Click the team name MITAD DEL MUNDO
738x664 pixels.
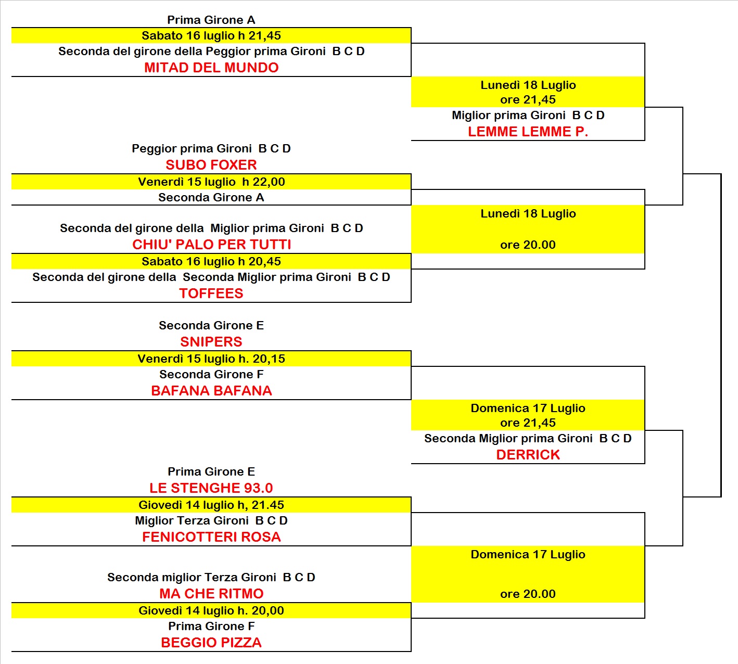tap(211, 68)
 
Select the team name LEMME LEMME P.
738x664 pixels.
tap(528, 132)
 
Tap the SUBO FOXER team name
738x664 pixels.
tap(211, 165)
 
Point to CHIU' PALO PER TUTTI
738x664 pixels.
tap(211, 244)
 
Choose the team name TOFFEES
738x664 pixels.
tap(211, 293)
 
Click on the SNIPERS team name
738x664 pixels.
tap(211, 342)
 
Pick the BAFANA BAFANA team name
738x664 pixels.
tap(211, 391)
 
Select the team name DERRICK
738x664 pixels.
tap(528, 455)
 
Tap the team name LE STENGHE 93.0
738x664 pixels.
tap(211, 488)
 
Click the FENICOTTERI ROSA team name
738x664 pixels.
tap(211, 537)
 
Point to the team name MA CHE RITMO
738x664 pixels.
tap(211, 593)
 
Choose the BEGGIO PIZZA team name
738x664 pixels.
tap(211, 642)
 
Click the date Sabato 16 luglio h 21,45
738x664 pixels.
tap(211, 36)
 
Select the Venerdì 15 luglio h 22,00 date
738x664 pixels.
tap(211, 182)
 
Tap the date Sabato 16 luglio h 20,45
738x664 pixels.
tap(211, 262)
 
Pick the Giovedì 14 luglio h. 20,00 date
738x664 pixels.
tap(211, 610)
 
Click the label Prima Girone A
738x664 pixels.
tap(211, 20)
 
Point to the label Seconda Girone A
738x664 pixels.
tap(211, 198)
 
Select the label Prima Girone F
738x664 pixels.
tap(211, 626)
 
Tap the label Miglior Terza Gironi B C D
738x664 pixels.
tap(211, 520)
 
